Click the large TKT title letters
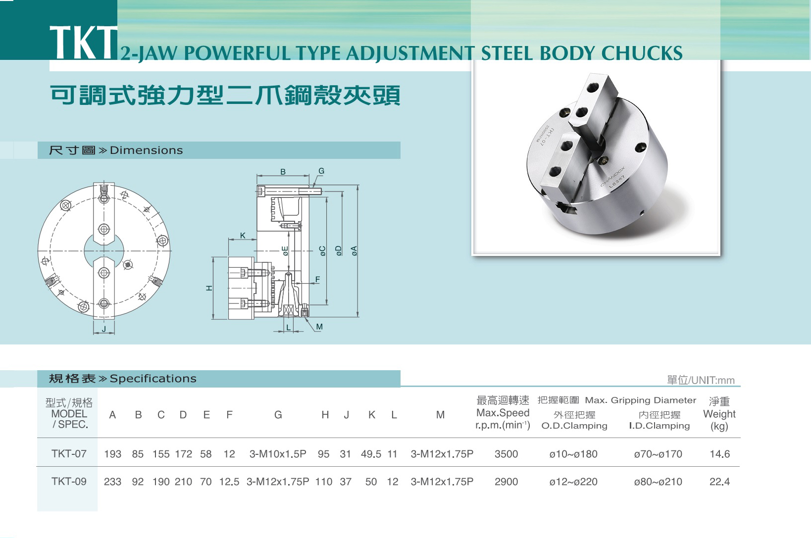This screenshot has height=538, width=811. (83, 43)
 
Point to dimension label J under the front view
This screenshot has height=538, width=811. (104, 329)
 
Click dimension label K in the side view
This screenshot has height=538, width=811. (243, 236)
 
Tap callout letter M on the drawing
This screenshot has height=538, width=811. (319, 327)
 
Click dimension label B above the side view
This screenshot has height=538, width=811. (283, 172)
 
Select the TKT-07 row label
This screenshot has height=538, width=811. (69, 454)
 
